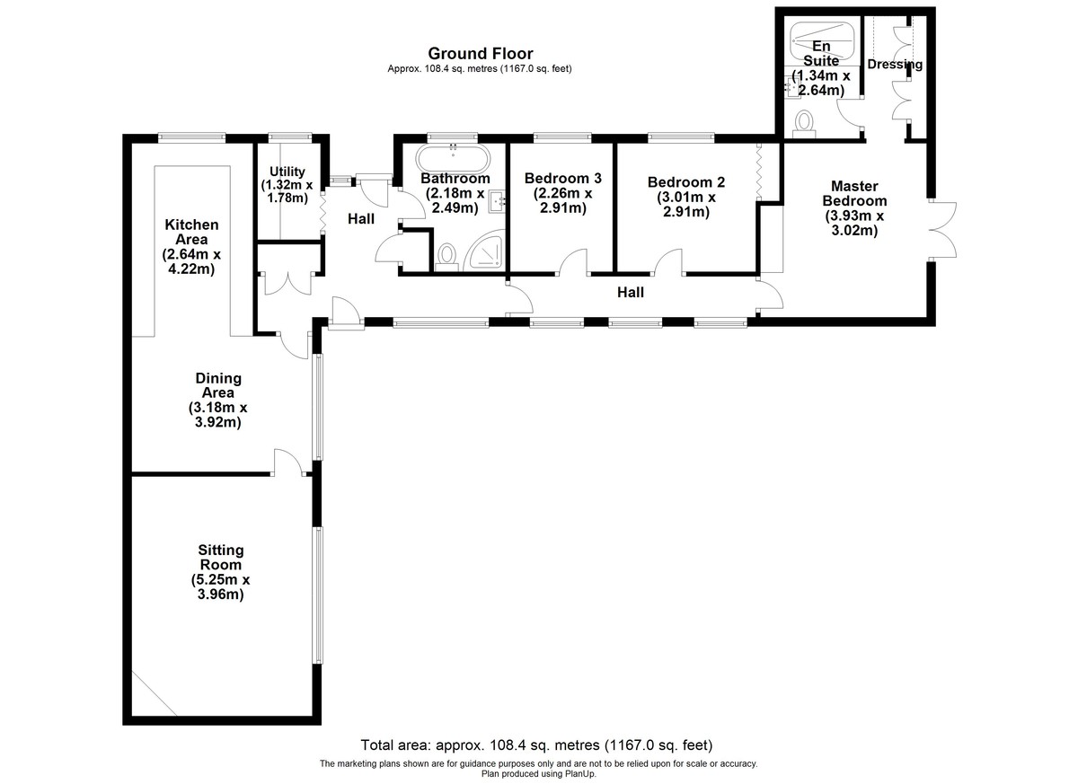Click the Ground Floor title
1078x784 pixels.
point(481,53)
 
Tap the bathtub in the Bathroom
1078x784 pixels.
point(453,158)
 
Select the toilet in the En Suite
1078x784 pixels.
point(804,124)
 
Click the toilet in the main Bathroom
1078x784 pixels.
point(447,258)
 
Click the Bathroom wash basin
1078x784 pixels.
point(497,201)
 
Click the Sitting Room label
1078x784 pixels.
point(221,557)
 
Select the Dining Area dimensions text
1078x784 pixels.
point(217,415)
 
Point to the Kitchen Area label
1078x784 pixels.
point(191,232)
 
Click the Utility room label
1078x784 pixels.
point(287,172)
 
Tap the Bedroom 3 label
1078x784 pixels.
point(562,179)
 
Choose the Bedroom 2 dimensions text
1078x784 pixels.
point(686,205)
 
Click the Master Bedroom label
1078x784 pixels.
point(854,193)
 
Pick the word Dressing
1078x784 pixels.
point(895,65)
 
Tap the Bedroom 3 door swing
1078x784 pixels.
point(573,261)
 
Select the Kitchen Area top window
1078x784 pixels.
point(192,138)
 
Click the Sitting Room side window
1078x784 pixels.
point(318,596)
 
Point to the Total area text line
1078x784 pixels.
point(536,745)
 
